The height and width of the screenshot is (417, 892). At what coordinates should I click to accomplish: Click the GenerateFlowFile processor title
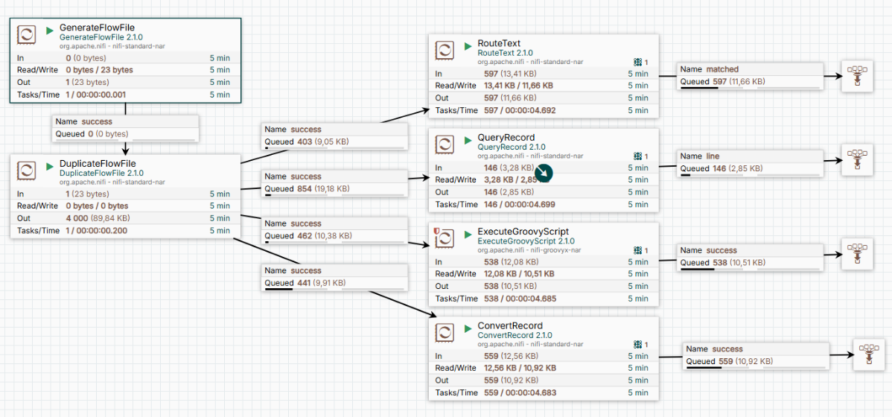(98, 27)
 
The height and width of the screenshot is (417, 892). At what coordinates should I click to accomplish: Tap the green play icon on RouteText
(468, 45)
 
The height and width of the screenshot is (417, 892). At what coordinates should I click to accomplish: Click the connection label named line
(713, 156)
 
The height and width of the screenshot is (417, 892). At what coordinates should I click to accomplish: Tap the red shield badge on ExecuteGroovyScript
(436, 232)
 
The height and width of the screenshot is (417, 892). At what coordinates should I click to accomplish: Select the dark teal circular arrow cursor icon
(544, 172)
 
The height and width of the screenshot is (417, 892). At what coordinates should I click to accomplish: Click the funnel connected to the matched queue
(856, 78)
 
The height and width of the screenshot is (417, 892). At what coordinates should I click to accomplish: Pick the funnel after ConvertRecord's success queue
(868, 353)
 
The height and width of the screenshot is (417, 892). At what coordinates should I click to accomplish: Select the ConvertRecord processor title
(509, 326)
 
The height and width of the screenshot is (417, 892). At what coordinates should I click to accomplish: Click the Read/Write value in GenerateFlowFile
(100, 70)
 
